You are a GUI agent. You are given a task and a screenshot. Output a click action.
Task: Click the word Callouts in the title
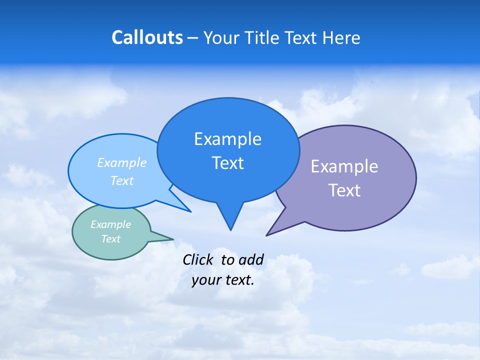(x=147, y=37)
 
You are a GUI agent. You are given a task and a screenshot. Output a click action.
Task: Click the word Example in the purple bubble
(x=344, y=166)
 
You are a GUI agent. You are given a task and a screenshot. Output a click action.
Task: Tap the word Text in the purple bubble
(x=344, y=190)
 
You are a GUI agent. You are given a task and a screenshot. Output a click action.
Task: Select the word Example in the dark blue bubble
(x=227, y=139)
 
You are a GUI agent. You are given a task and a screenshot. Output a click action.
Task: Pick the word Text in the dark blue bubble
(x=227, y=163)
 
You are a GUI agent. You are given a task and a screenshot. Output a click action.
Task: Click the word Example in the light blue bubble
(x=122, y=163)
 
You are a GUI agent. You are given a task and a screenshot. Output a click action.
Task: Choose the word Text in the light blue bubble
(x=122, y=180)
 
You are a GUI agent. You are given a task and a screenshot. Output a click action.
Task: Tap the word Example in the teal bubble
(x=111, y=224)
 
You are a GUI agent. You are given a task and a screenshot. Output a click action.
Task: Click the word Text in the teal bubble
(x=111, y=239)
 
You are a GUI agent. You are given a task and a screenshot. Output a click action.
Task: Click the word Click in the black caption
(x=198, y=260)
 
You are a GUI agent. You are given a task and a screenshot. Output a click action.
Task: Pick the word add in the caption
(x=251, y=260)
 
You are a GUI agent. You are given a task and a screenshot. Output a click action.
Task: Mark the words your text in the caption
(x=223, y=280)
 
